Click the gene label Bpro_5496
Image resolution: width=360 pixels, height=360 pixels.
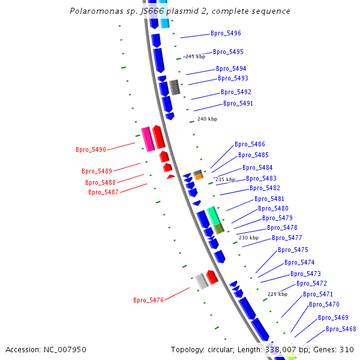coord(226,33)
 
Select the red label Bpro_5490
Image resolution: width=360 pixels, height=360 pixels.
coord(91,149)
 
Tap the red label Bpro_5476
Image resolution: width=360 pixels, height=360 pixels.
coord(148,300)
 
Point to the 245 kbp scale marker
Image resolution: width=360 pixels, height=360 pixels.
coord(195,56)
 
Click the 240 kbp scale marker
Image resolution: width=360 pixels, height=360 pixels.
coord(207,119)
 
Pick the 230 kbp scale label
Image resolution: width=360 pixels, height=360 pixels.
coord(248,238)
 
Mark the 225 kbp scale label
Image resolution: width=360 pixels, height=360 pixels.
coord(277,294)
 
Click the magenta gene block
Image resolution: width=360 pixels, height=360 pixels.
coord(147,139)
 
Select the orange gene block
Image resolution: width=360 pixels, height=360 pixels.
coord(199,177)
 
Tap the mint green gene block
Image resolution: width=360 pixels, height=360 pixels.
coord(214,215)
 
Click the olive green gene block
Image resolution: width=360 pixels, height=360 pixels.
coord(219,229)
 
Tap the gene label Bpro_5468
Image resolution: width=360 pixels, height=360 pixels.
coord(341,329)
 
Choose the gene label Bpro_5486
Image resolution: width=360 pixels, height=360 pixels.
coord(250,144)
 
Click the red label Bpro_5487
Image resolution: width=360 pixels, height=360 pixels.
coord(103,192)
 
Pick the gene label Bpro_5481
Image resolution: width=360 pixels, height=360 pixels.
coord(269,199)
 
